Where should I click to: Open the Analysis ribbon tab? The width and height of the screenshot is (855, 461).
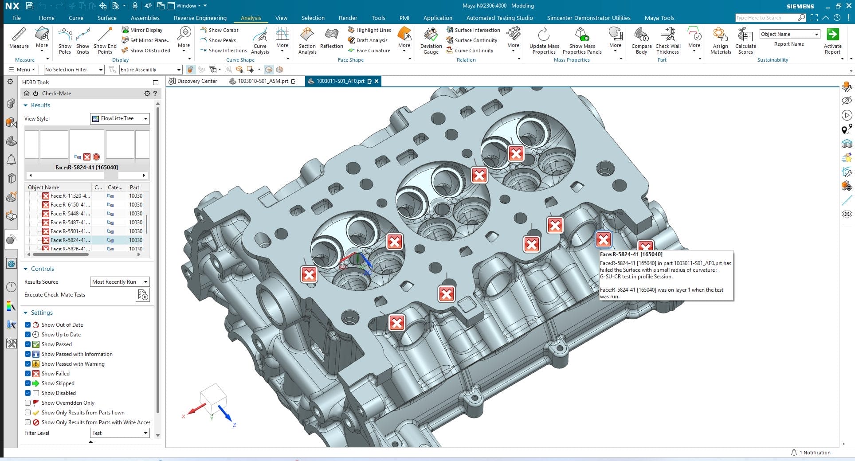[x=251, y=18]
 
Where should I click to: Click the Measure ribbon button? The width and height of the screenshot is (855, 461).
[x=19, y=38]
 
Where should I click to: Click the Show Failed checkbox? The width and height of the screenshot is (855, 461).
[x=28, y=374]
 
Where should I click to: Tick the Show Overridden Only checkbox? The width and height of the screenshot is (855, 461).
[x=28, y=403]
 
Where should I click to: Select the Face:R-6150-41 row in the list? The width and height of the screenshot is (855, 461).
[x=70, y=205]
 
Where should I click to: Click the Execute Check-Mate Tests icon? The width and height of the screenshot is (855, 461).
[x=143, y=295]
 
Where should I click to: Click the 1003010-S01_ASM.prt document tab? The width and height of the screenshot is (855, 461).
[x=263, y=82]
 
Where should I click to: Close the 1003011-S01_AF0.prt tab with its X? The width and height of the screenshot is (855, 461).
[x=377, y=82]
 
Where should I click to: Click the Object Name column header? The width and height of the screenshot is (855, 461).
[x=43, y=188]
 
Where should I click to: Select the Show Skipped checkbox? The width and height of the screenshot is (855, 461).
[x=28, y=383]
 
